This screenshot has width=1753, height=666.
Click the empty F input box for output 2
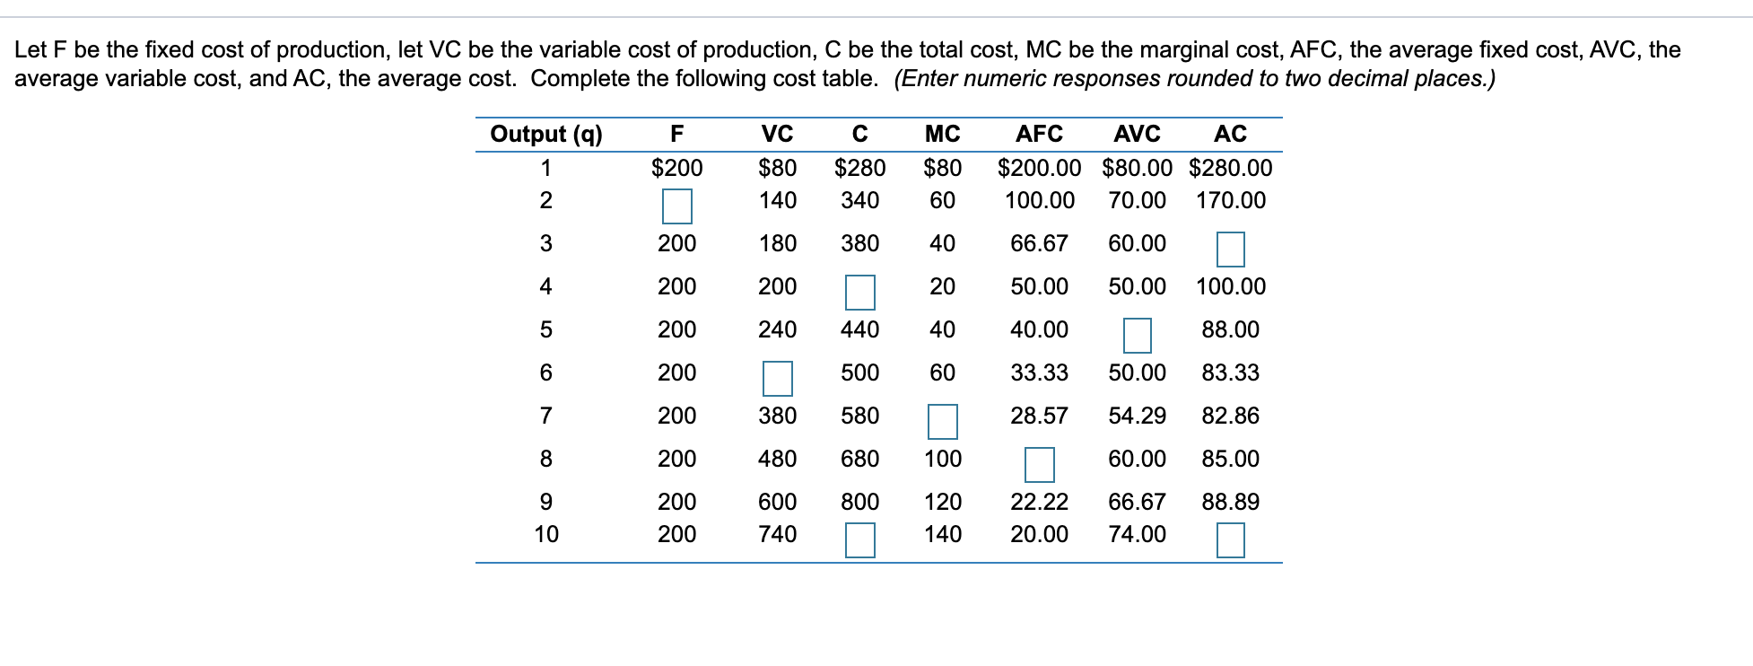coord(677,206)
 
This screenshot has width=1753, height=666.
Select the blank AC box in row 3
coord(1230,250)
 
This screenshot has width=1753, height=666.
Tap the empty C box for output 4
coord(859,293)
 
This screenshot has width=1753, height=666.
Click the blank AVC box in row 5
coord(1137,336)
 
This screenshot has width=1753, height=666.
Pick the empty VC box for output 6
coord(777,379)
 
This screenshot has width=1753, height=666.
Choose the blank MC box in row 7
coord(942,422)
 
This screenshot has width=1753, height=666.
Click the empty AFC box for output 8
coord(1039,465)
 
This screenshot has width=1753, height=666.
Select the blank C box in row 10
coord(859,540)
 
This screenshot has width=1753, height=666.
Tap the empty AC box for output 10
coord(1230,540)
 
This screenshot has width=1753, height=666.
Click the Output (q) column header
coord(546,135)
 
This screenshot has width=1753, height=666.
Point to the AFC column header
coord(1039,135)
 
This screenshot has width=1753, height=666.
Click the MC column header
coord(942,135)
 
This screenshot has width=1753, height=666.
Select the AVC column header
coord(1137,135)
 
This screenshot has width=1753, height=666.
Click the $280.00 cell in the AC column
coord(1230,168)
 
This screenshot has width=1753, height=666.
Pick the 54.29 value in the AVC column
coord(1137,416)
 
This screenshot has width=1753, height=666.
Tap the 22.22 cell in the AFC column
coord(1039,502)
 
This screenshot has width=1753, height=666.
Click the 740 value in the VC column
coord(777,534)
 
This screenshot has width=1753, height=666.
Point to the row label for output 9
coord(546,502)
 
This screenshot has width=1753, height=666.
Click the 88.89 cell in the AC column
coord(1230,502)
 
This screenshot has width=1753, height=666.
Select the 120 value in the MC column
coord(942,502)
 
